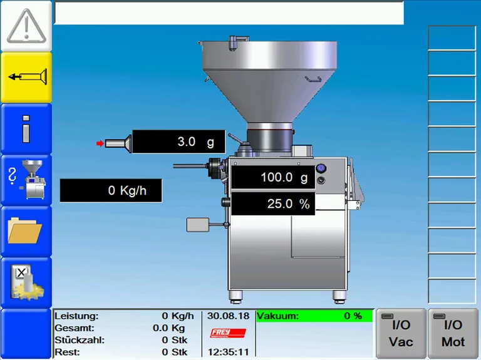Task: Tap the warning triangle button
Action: click(x=26, y=26)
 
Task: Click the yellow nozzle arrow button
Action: click(x=26, y=77)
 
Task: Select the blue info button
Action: click(x=26, y=129)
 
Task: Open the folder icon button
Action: click(x=26, y=232)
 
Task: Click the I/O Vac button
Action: click(x=401, y=333)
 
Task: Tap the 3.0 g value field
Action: click(x=179, y=141)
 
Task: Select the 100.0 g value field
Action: click(x=273, y=177)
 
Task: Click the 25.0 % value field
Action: click(x=273, y=203)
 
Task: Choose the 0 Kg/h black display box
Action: click(x=111, y=190)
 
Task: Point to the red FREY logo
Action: click(x=228, y=333)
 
